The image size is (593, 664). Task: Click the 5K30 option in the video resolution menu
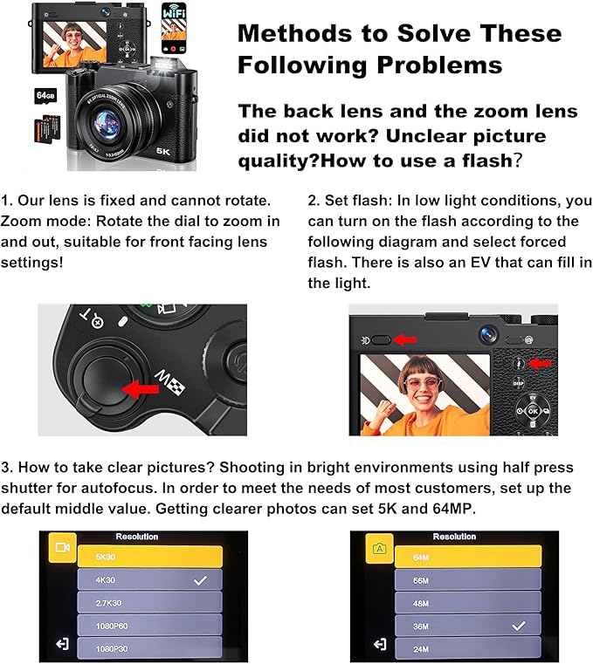tap(148, 555)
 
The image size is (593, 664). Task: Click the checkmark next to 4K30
tap(200, 579)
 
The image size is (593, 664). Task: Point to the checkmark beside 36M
tap(519, 626)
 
